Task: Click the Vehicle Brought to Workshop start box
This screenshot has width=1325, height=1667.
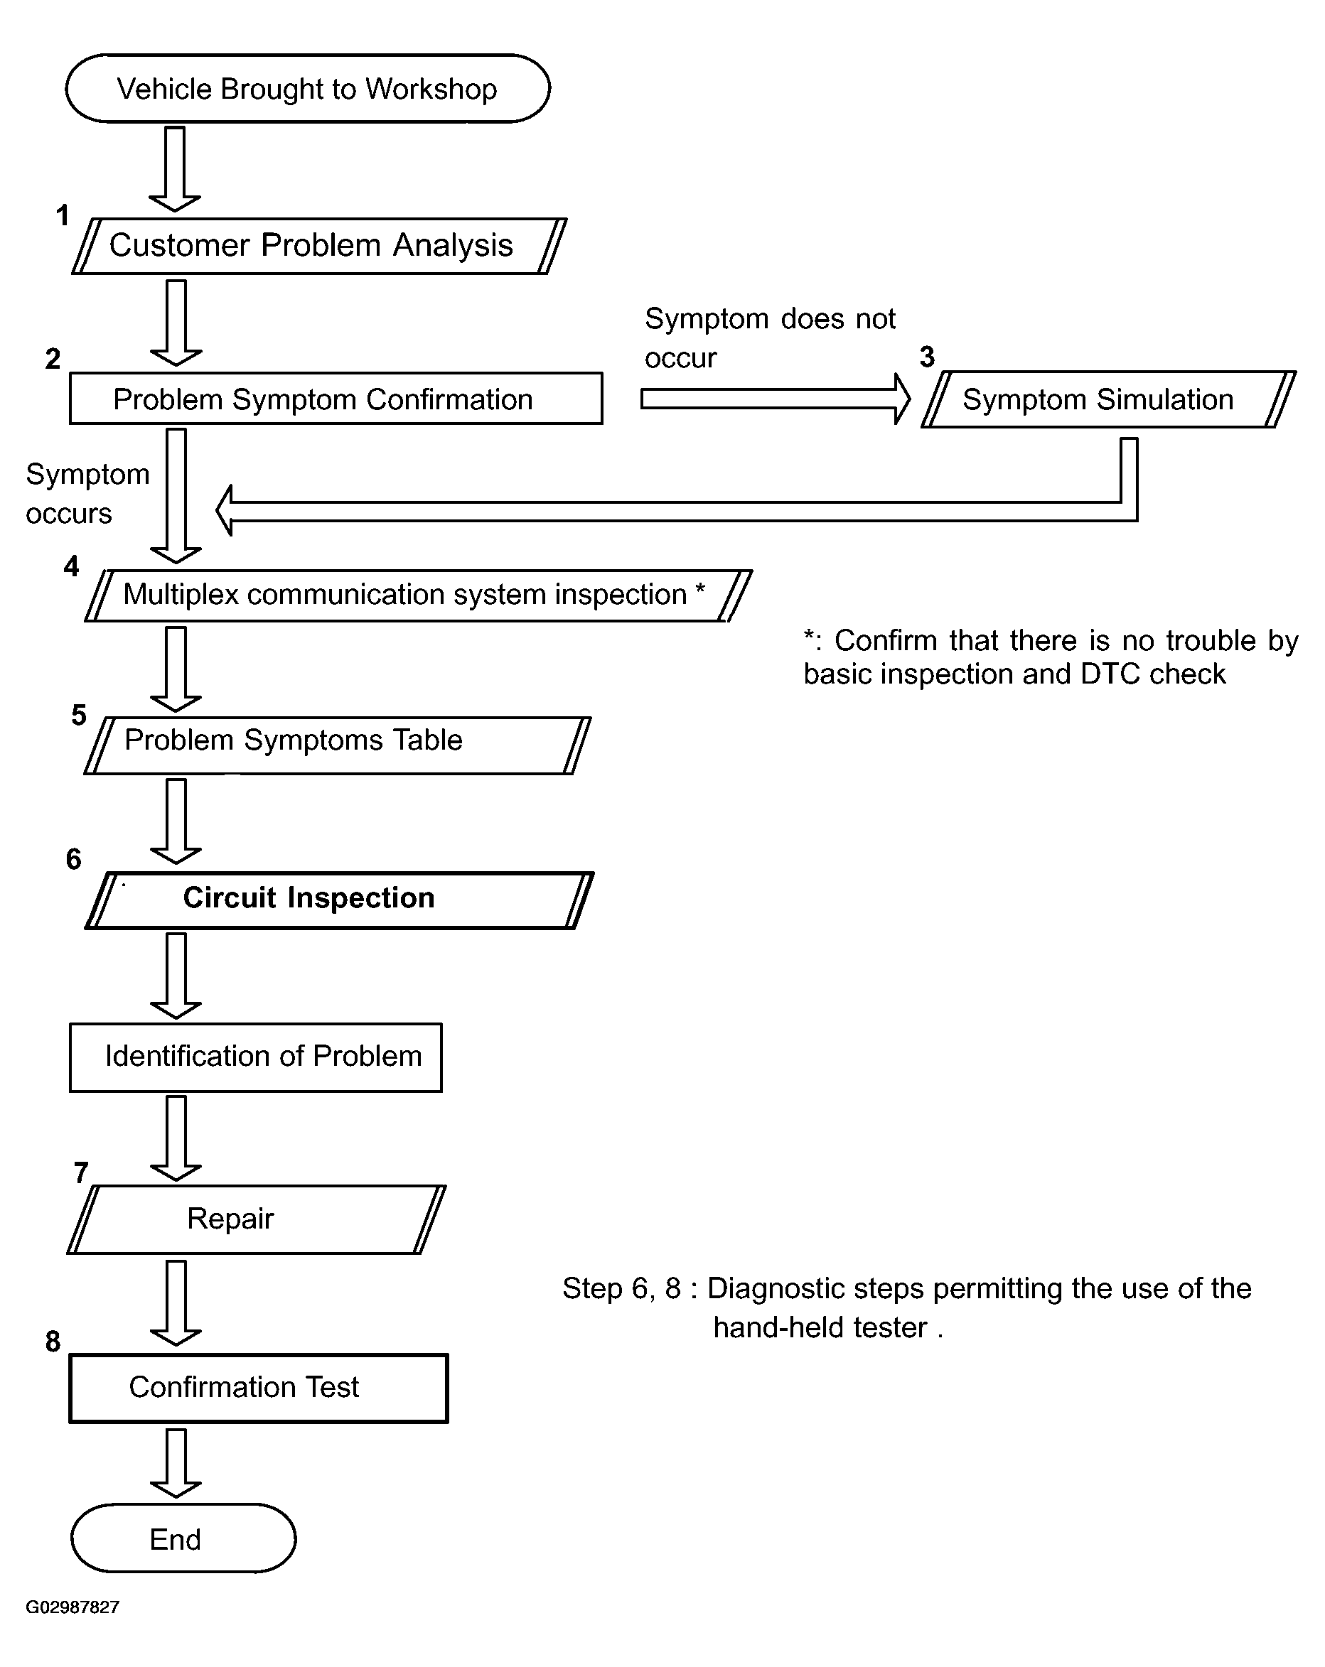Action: (307, 89)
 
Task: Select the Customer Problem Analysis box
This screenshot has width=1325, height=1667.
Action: (318, 246)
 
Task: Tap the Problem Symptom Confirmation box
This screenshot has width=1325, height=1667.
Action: (336, 399)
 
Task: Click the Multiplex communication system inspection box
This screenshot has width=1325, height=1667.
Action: (418, 595)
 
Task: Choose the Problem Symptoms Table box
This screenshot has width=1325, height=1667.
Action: (337, 745)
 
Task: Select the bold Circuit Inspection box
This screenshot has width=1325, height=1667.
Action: (339, 900)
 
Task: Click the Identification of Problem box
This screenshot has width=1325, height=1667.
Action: (255, 1057)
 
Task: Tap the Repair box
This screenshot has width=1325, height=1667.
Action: (255, 1219)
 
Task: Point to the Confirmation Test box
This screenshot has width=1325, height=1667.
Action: (258, 1388)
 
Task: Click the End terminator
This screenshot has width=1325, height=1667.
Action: (183, 1538)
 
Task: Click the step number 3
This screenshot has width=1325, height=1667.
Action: (927, 357)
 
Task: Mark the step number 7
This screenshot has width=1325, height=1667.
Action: (81, 1173)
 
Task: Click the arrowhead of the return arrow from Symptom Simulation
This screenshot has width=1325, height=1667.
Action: (225, 510)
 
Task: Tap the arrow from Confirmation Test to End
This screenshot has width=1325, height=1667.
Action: (176, 1462)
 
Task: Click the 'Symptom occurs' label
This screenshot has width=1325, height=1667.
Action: (87, 493)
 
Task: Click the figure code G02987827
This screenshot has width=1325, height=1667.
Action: (73, 1607)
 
